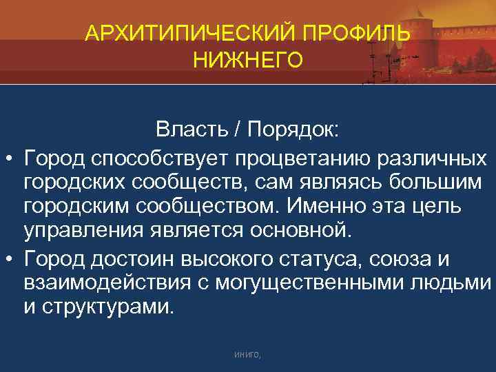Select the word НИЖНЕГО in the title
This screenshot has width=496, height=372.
(x=247, y=62)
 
